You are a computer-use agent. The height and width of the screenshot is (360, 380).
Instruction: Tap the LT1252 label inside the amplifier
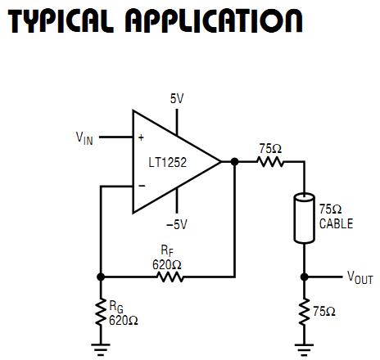pos(169,162)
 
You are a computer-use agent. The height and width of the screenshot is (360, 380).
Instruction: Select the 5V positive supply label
pos(177,99)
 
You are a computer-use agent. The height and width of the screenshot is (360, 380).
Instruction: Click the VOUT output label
pos(360,278)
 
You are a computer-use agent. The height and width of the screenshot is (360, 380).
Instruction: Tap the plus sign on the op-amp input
pos(140,138)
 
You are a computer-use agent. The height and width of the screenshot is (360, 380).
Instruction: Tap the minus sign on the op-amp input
pos(140,186)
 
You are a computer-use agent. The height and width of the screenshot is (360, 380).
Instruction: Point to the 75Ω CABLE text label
pos(336,218)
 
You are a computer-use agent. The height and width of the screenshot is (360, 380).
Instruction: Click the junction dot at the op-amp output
pos(234,162)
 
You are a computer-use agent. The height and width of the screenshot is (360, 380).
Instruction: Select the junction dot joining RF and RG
pos(100,277)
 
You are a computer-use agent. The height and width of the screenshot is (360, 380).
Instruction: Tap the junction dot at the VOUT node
pos(304,277)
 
